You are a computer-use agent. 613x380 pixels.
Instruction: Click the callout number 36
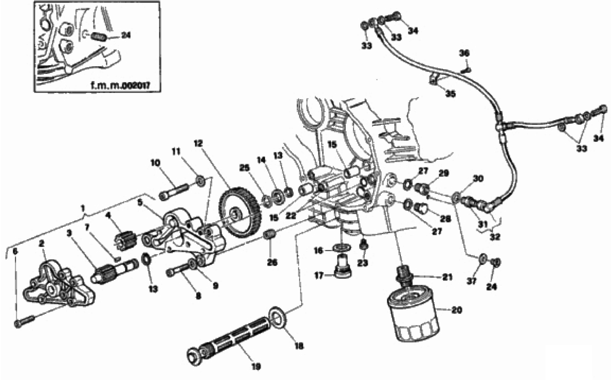click(x=464, y=53)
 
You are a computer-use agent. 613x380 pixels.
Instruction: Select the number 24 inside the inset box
click(x=126, y=35)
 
